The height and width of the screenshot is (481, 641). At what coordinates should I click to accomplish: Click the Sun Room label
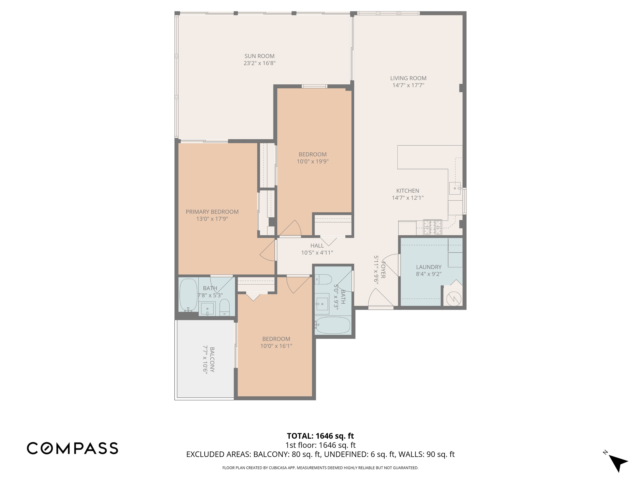[x=259, y=56]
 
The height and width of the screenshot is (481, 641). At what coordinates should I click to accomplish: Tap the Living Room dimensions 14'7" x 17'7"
[x=408, y=85]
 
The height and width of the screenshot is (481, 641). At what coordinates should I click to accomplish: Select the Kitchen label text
[x=408, y=191]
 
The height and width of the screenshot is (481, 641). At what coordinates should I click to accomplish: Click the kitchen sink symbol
[x=455, y=188]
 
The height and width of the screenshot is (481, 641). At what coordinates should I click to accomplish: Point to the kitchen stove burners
[x=433, y=227]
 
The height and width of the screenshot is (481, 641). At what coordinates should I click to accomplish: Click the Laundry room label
[x=429, y=267]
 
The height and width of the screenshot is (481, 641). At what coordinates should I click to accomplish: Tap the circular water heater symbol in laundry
[x=454, y=299]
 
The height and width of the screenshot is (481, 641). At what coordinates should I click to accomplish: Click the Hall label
[x=317, y=246]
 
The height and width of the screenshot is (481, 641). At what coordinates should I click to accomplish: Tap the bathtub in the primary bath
[x=188, y=295]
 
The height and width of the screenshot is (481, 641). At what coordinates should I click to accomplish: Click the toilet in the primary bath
[x=225, y=307]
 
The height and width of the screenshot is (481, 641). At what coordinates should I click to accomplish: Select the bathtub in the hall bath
[x=333, y=325]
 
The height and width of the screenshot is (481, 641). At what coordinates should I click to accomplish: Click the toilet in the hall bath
[x=323, y=279]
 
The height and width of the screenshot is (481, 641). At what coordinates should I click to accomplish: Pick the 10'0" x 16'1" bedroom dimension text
[x=276, y=346]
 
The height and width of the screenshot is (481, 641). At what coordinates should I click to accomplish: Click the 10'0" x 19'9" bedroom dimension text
[x=313, y=161]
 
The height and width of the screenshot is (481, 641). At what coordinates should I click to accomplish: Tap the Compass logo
[x=72, y=448]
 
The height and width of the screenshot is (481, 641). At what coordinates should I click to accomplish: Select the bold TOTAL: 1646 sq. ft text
[x=320, y=436]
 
